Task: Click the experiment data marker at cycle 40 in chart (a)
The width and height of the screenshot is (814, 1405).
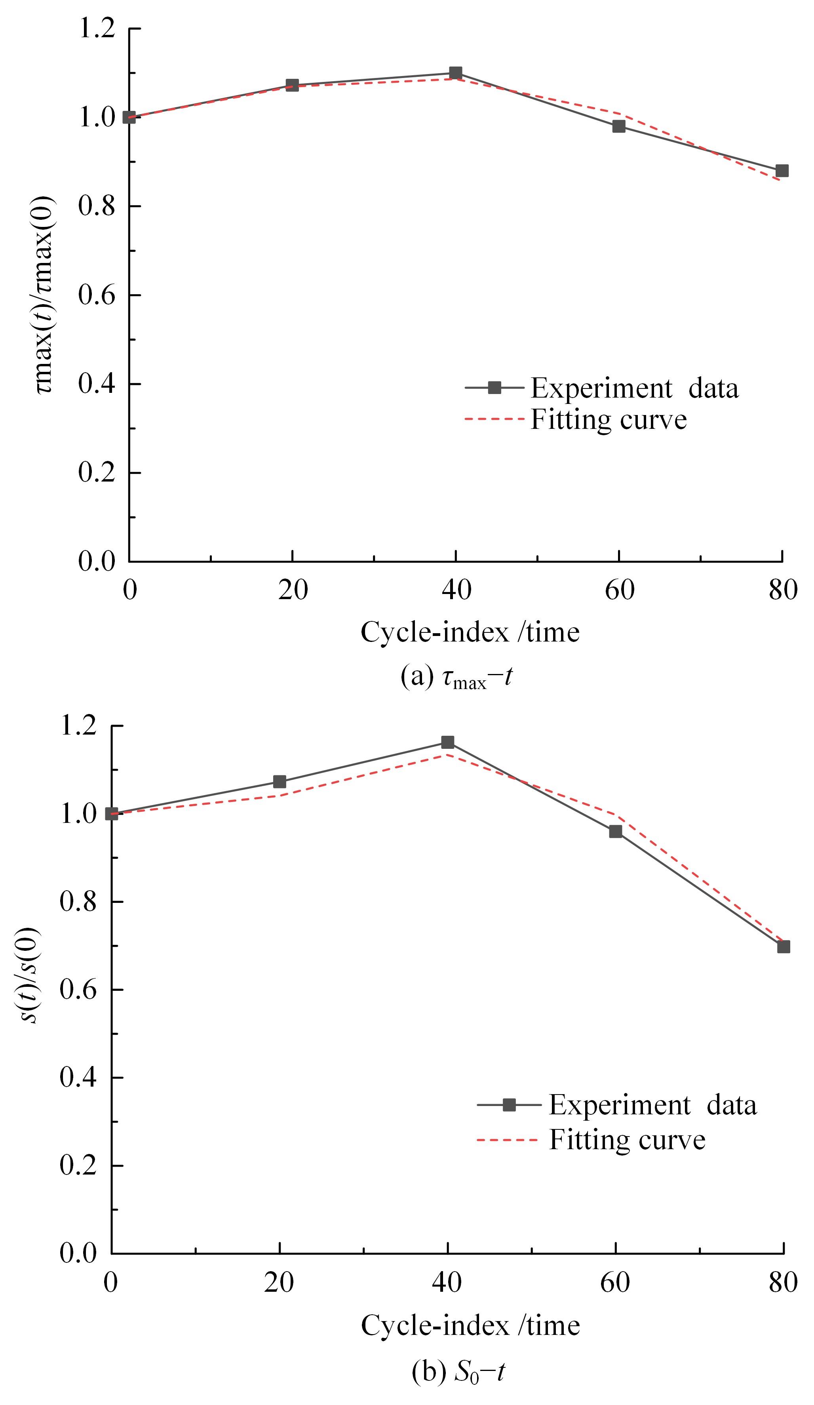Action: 456,73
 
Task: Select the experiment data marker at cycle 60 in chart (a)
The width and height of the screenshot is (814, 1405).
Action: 619,126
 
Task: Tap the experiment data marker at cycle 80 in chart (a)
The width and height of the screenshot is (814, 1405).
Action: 782,171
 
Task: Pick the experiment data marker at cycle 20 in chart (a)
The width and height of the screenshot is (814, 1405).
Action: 292,85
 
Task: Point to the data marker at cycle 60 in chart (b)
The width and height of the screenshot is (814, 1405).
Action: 616,831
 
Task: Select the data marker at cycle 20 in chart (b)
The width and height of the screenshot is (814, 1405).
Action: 280,782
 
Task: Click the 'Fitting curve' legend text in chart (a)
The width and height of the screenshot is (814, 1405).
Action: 608,419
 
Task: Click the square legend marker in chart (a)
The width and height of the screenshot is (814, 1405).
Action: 494,388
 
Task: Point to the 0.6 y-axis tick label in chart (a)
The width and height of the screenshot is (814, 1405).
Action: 97,295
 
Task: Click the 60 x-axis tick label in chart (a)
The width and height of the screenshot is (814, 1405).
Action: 620,590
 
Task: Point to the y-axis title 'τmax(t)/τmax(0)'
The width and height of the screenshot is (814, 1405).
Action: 46,294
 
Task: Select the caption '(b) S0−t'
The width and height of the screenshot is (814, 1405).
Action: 458,1372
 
